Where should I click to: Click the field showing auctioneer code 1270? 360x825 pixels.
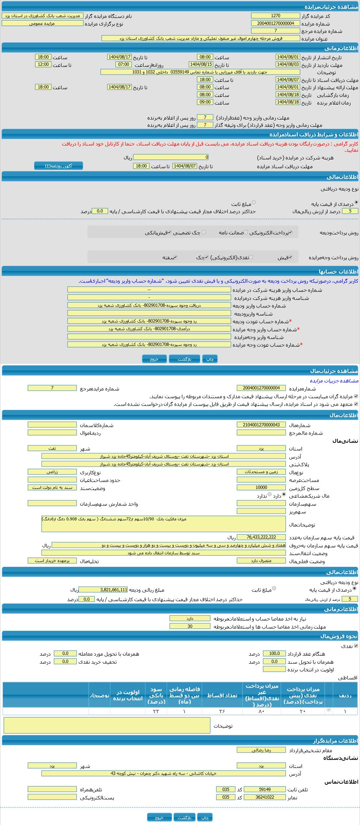tap(275, 16)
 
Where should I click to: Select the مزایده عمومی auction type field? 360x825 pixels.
tap(42, 23)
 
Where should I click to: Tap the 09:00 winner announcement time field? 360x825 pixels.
tap(205, 102)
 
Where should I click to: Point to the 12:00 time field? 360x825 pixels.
tap(43, 64)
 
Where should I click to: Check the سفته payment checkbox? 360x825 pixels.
tap(175, 257)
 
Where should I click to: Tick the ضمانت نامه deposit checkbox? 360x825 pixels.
tap(246, 232)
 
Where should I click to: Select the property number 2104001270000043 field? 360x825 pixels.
tap(261, 425)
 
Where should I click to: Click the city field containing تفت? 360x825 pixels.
tap(52, 448)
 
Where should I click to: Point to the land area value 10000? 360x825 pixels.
tap(261, 487)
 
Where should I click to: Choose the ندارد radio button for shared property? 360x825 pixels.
tap(269, 494)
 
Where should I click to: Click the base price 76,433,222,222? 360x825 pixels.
tap(261, 537)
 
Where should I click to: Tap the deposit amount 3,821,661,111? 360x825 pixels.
tap(103, 589)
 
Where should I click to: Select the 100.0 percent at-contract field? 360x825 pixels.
tap(274, 653)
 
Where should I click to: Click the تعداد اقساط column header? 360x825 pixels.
tap(222, 695)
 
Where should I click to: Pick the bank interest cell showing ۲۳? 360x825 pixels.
tap(156, 711)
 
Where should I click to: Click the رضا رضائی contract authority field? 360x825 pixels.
tap(261, 750)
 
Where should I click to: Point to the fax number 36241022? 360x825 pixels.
tap(264, 797)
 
